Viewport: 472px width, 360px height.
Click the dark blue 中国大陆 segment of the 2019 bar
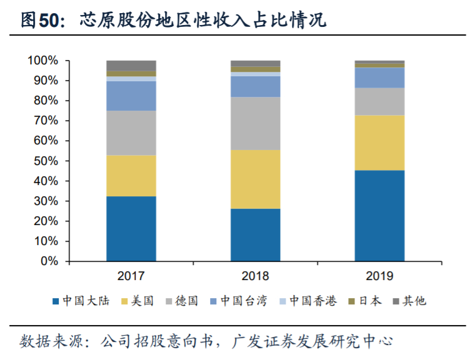click(x=379, y=216)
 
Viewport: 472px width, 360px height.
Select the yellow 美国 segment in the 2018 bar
click(x=255, y=179)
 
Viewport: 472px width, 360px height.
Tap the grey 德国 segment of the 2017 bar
click(x=131, y=132)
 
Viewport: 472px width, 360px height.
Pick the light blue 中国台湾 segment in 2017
click(x=131, y=96)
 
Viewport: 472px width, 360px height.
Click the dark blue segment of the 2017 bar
click(x=131, y=228)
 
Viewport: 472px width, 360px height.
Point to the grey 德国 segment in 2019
click(x=379, y=101)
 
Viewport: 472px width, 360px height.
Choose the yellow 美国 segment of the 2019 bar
click(x=379, y=142)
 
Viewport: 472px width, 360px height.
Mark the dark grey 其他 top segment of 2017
click(x=131, y=66)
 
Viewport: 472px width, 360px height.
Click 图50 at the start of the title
click(x=42, y=21)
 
